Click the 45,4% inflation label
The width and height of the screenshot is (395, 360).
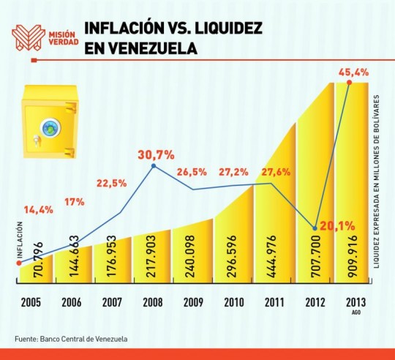point(353,72)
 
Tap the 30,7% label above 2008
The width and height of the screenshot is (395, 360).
point(156,155)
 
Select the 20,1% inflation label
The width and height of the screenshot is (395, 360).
point(337,227)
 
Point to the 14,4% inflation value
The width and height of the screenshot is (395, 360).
point(39,209)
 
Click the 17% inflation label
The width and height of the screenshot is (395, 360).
point(75,201)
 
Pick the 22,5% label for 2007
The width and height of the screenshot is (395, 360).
point(112,184)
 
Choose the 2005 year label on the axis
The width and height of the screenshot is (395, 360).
point(31,302)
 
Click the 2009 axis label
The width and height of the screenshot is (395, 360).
point(193,302)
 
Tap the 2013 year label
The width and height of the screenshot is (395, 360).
point(356,302)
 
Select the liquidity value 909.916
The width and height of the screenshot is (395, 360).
point(351,256)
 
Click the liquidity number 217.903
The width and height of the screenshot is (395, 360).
point(152,256)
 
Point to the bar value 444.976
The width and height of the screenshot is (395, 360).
point(271,256)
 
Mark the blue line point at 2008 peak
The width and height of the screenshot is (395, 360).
point(154,166)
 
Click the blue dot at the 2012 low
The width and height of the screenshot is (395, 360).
point(315,228)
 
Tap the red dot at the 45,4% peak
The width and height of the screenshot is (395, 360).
point(349,83)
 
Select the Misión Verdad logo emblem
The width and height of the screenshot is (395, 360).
point(29,37)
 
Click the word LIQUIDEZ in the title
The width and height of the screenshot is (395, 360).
point(228,28)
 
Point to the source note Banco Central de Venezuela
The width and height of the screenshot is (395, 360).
point(83,339)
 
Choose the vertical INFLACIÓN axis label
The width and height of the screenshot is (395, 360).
point(20,239)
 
